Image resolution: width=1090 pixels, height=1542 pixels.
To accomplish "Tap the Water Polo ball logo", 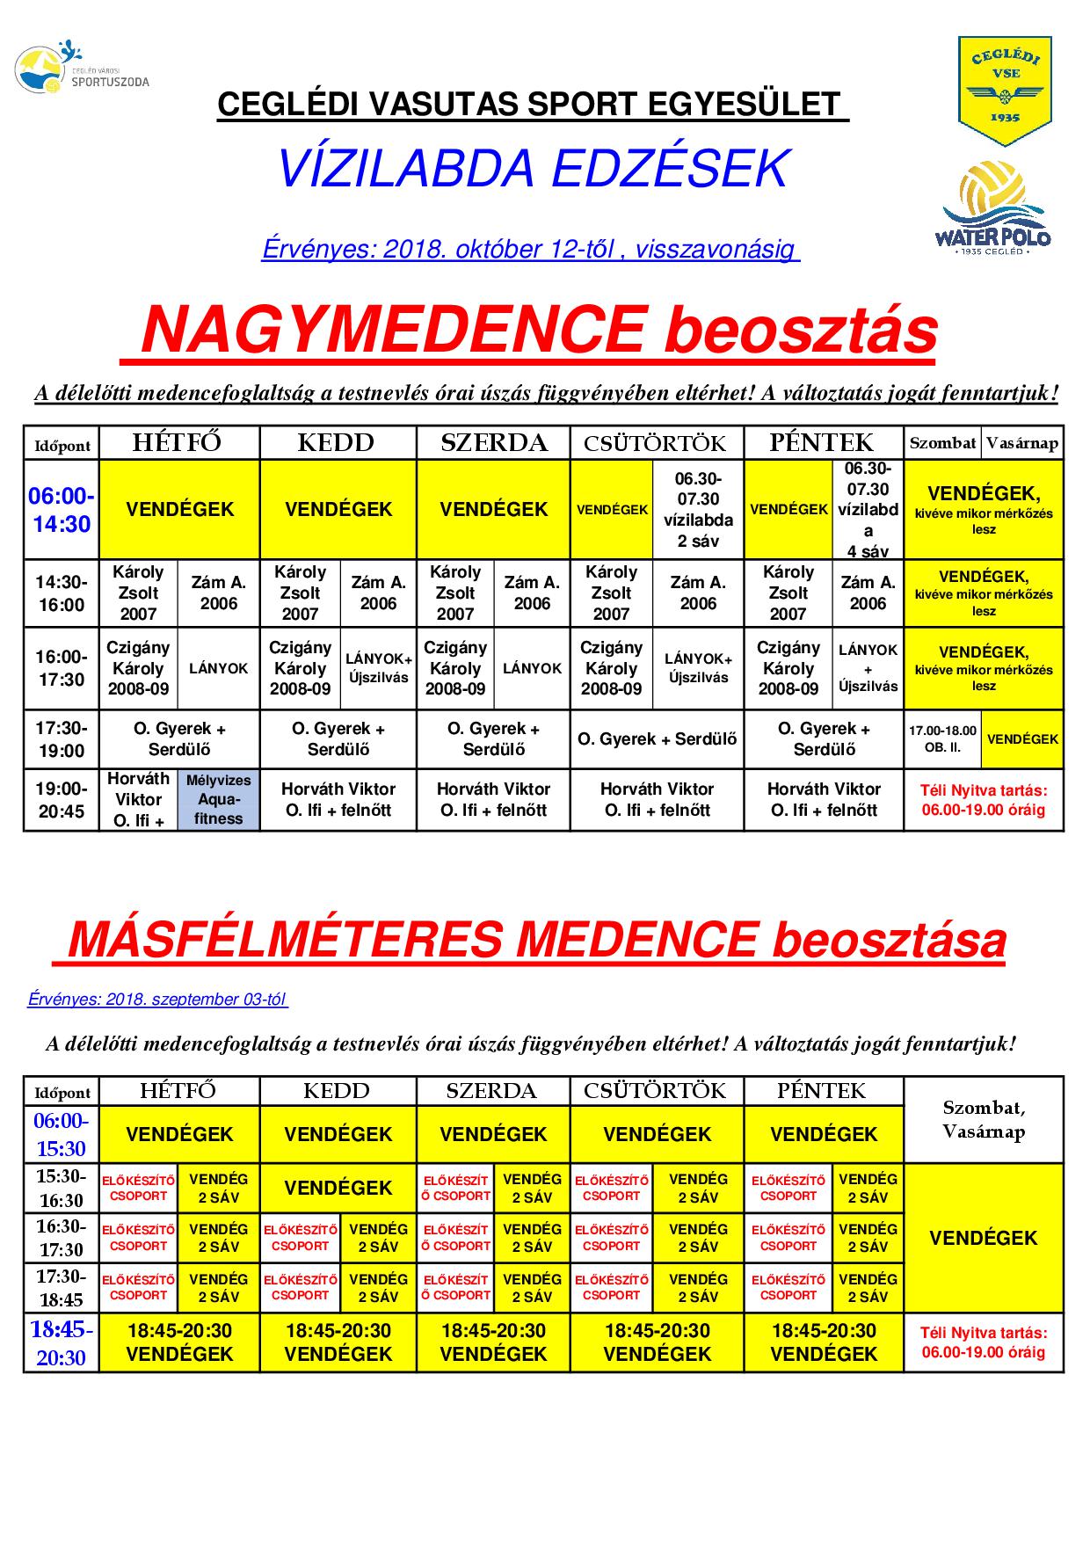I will pyautogui.click(x=996, y=208).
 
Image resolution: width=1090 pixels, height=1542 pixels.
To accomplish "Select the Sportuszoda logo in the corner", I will pyautogui.click(x=82, y=69).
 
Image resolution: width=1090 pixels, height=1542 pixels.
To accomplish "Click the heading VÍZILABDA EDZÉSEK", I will pyautogui.click(x=533, y=169).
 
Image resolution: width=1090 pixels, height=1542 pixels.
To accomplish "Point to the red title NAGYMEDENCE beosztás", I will pyautogui.click(x=538, y=331).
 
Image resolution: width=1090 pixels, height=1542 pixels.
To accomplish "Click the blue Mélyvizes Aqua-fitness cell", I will pyautogui.click(x=219, y=799).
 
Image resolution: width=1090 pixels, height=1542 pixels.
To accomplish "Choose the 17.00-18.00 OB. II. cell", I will pyautogui.click(x=942, y=738).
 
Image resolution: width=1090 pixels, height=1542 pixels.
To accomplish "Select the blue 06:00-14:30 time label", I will pyautogui.click(x=61, y=510).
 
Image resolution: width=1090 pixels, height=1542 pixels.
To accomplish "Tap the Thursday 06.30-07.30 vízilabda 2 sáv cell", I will pyautogui.click(x=698, y=510).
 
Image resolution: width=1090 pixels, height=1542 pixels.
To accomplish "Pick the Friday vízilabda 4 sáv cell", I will pyautogui.click(x=868, y=510).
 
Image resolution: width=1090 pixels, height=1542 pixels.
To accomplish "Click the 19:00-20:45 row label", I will pyautogui.click(x=61, y=799).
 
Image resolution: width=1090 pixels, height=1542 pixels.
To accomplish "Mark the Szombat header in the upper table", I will pyautogui.click(x=942, y=443).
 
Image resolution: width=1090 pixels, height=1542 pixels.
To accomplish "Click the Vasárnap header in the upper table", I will pyautogui.click(x=1022, y=443).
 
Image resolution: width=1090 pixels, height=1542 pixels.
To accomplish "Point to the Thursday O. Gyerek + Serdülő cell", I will pyautogui.click(x=657, y=738).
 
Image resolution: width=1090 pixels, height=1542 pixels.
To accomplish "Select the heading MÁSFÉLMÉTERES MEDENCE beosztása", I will pyautogui.click(x=536, y=940).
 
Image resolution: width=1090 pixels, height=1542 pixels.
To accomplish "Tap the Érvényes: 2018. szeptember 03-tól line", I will pyautogui.click(x=158, y=1000).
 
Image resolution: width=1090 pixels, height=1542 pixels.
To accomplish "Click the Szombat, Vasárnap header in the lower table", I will pyautogui.click(x=984, y=1119).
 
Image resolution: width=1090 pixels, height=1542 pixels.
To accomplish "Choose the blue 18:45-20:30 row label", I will pyautogui.click(x=61, y=1342).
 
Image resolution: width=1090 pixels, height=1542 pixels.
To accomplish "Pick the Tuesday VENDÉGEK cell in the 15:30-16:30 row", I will pyautogui.click(x=338, y=1188).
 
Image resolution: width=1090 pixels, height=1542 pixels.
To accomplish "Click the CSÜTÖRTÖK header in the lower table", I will pyautogui.click(x=656, y=1091).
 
